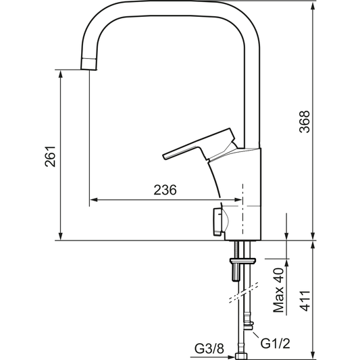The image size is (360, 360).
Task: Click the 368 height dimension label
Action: (x=305, y=122)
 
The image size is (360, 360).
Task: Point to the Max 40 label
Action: (x=278, y=290)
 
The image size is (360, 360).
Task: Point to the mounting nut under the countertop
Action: (x=242, y=260)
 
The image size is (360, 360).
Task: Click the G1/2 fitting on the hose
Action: (x=250, y=329)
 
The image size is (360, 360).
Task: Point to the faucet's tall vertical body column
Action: (x=251, y=196)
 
